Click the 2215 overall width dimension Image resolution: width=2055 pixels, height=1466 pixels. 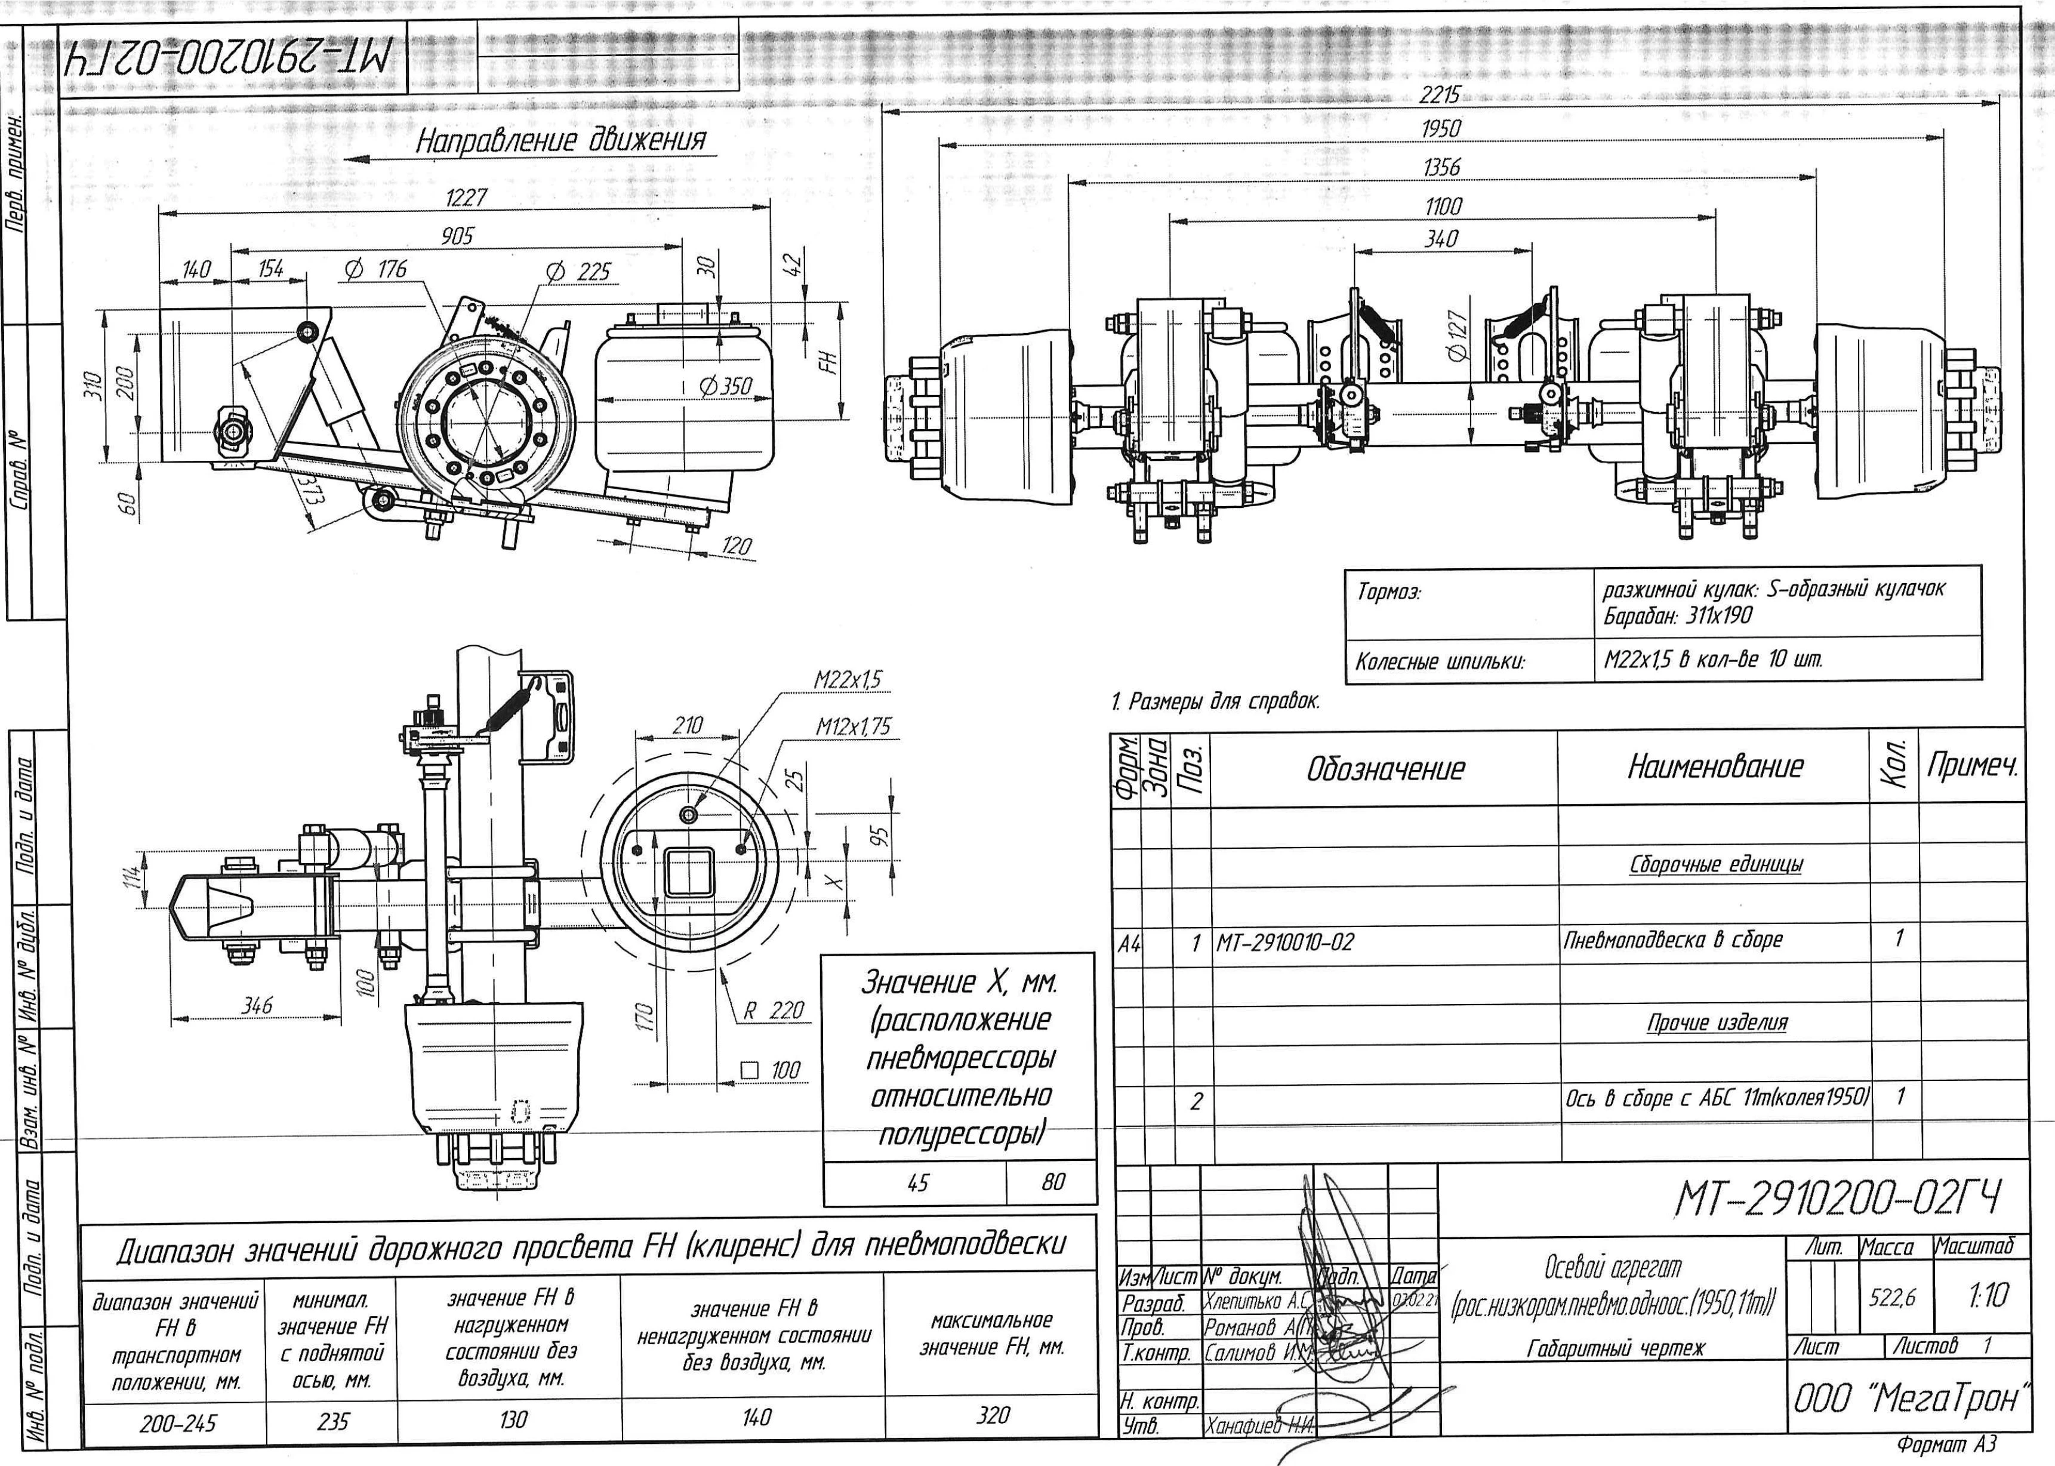(x=1440, y=95)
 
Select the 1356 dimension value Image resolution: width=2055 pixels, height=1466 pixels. (x=1441, y=168)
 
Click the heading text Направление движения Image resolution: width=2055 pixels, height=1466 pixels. (x=559, y=141)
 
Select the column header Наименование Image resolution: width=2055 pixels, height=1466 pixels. (x=1715, y=767)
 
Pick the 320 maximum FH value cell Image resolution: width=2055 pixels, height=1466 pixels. (x=992, y=1415)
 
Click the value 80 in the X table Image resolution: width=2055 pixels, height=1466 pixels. (x=1052, y=1182)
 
